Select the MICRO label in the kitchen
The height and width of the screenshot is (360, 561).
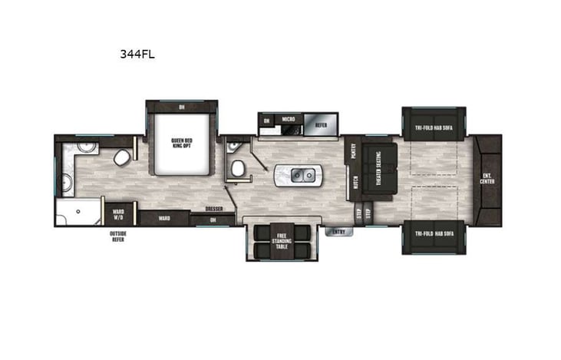[x=289, y=120]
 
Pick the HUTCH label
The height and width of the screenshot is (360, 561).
[x=355, y=182]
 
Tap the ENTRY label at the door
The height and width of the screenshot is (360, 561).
[x=338, y=231]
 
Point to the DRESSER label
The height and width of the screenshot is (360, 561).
[x=213, y=209]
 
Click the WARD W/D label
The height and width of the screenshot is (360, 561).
[x=119, y=213]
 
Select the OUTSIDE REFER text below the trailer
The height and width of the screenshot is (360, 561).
[x=118, y=236]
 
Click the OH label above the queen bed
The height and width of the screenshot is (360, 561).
[x=182, y=107]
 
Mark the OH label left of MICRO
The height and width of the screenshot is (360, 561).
[x=266, y=121]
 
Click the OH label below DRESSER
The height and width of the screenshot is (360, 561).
[x=212, y=220]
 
